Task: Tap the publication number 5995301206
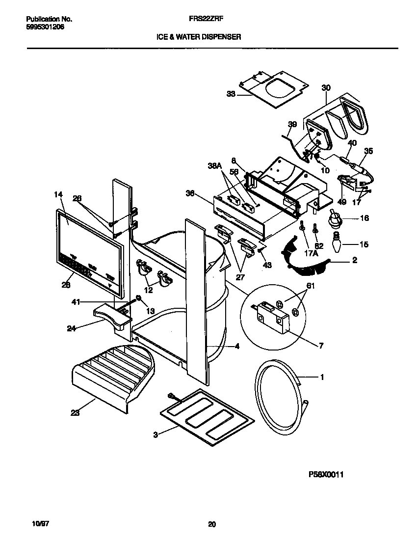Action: pyautogui.click(x=45, y=27)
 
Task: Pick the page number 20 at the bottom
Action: pyautogui.click(x=211, y=524)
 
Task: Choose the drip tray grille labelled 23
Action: pyautogui.click(x=110, y=376)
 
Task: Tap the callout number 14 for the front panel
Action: pyautogui.click(x=58, y=194)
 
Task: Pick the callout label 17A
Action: pyautogui.click(x=310, y=254)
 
